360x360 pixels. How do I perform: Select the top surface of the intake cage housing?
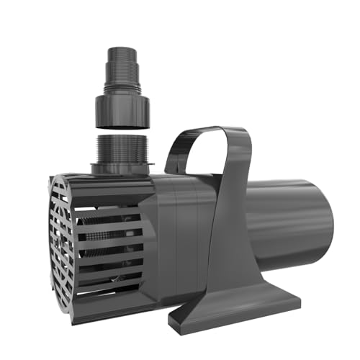(108, 181)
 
